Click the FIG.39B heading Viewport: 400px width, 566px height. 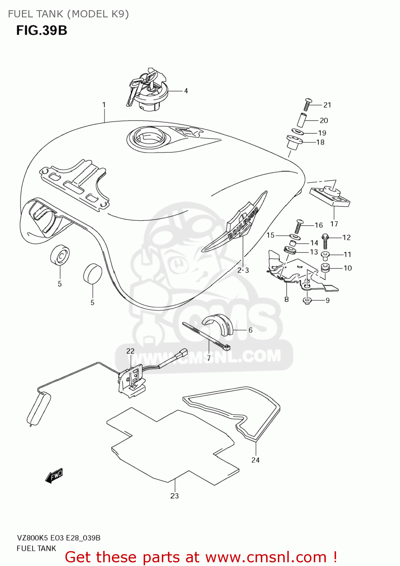[42, 30]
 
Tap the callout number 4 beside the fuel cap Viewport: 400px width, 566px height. [186, 91]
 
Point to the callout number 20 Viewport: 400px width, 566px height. [324, 120]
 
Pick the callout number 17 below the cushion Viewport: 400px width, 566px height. [334, 224]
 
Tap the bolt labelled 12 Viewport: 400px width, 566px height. [325, 241]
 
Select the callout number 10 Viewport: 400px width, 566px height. [347, 268]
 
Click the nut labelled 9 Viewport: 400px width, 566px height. [307, 300]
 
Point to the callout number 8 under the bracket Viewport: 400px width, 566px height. [287, 299]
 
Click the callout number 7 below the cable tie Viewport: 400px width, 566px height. [208, 357]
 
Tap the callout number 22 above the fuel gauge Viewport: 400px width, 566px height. [130, 351]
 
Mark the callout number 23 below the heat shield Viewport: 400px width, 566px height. [174, 496]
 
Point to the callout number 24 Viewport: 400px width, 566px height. [256, 460]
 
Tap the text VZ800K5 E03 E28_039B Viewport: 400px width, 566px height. [59, 538]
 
